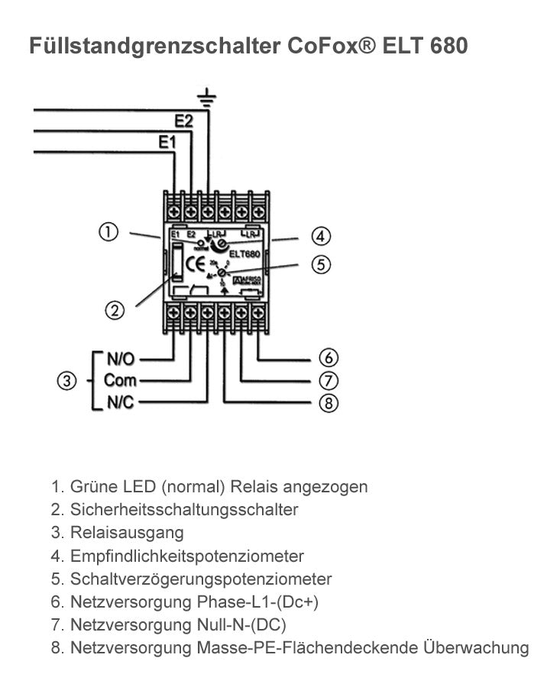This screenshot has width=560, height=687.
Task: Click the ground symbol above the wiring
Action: pos(207,97)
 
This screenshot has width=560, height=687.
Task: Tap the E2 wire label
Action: pos(184,121)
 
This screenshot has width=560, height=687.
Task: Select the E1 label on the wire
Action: pos(167,142)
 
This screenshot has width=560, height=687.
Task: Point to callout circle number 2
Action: pos(115,310)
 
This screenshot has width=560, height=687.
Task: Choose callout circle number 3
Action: pos(68,380)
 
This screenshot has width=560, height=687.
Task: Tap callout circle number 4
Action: pos(321,236)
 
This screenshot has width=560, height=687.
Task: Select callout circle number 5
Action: pos(321,265)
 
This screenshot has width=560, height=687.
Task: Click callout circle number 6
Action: pos(328,357)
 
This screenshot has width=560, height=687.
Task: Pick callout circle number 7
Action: pos(328,380)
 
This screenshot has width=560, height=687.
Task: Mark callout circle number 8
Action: pos(328,403)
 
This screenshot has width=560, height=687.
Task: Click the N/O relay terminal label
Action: pos(120,357)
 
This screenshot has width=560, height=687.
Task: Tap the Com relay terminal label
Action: pos(120,380)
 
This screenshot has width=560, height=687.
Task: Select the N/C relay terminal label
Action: pos(120,402)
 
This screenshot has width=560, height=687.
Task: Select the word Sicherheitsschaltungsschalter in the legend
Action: pos(184,509)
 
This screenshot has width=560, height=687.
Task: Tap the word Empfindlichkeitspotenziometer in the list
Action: pos(187,556)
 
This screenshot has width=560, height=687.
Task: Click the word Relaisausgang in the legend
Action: pos(127,533)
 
